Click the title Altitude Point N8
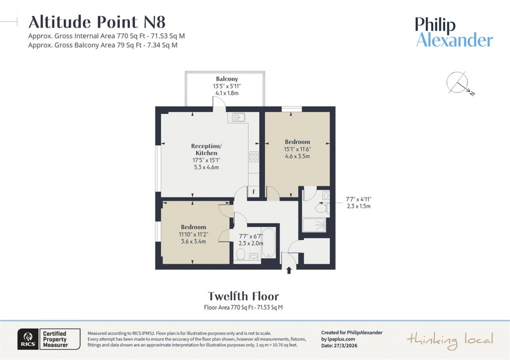97,22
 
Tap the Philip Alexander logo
454,32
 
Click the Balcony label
227,79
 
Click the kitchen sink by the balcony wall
238,118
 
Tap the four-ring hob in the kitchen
253,157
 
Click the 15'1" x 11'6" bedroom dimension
297,149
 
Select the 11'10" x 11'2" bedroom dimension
192,235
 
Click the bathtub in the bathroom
268,242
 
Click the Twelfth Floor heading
243,297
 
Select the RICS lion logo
25,339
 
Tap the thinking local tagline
450,340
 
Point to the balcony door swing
219,102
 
